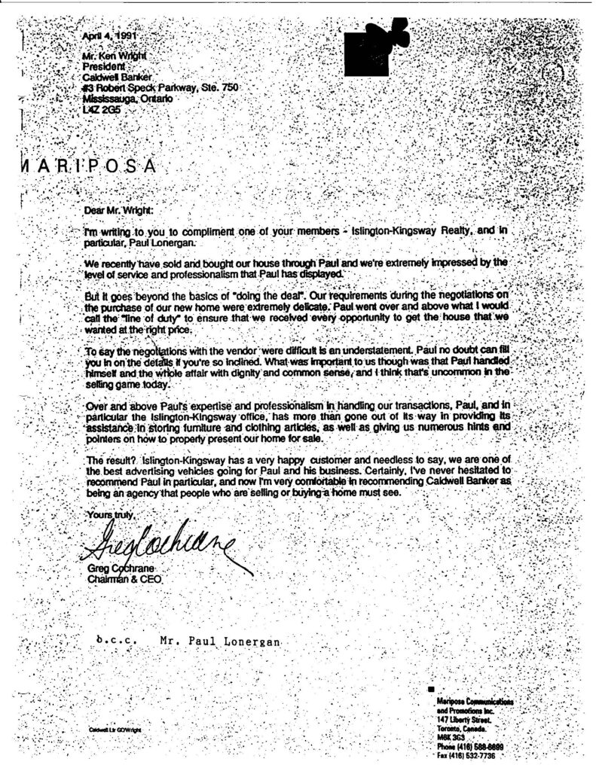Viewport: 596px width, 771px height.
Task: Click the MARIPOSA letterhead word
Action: (83, 166)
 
